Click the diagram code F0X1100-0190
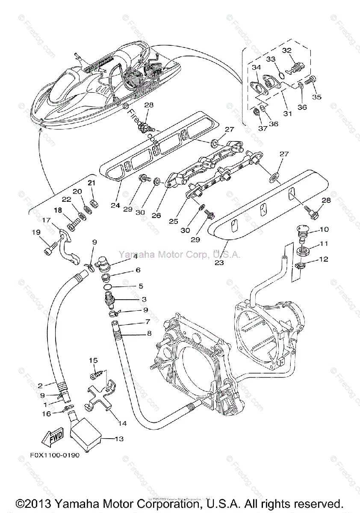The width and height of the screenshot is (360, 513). click(55, 455)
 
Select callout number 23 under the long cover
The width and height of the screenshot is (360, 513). click(219, 263)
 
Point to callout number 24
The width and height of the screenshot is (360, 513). click(115, 206)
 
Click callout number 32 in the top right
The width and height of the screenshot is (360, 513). click(286, 50)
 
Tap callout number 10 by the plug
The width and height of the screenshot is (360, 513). click(324, 229)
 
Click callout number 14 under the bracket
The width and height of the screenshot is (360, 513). click(123, 424)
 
